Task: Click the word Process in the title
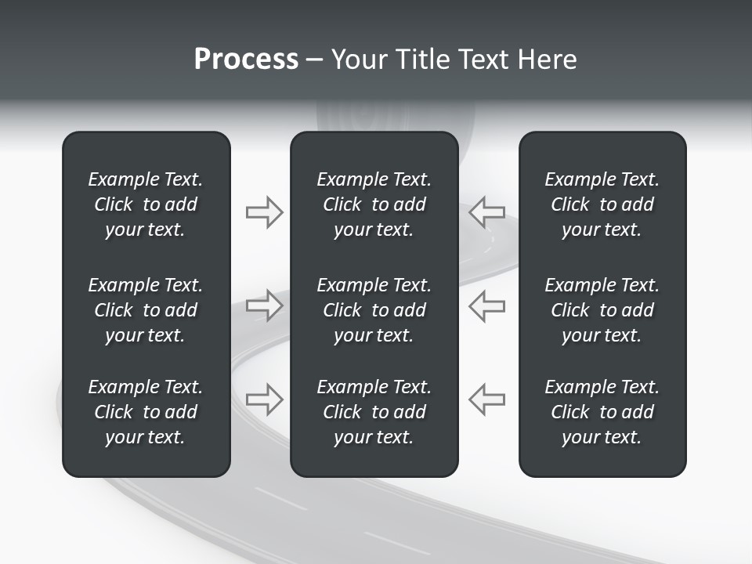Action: click(x=246, y=60)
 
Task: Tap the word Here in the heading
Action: click(x=548, y=60)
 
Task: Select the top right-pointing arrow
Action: click(x=264, y=212)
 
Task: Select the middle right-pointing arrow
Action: click(x=264, y=305)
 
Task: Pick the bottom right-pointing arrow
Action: click(x=264, y=399)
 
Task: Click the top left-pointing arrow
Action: click(x=487, y=212)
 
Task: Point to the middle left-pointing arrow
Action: click(x=487, y=305)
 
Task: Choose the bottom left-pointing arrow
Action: click(x=487, y=399)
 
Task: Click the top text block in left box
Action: click(x=146, y=204)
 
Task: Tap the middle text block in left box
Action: click(x=146, y=310)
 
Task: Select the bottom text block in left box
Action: click(x=146, y=412)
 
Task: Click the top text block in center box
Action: click(x=374, y=204)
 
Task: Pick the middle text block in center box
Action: click(x=374, y=310)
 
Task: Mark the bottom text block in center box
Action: click(x=374, y=412)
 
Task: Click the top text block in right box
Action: click(x=602, y=204)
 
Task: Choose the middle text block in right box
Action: click(x=602, y=310)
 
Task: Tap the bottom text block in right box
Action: click(x=602, y=412)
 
